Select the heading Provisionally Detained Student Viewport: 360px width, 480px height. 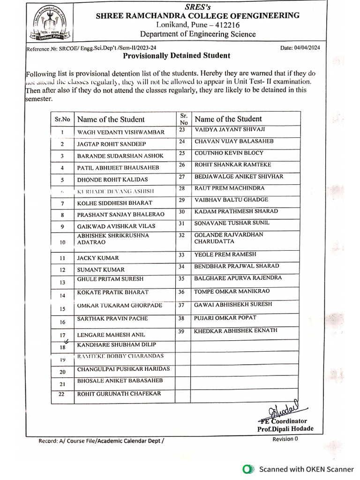[176, 56]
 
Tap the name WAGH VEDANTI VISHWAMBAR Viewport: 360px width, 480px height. [121, 133]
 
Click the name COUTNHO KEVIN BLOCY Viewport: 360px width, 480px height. [229, 153]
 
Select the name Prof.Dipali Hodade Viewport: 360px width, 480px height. [285, 429]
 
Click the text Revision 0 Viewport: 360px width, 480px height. [285, 439]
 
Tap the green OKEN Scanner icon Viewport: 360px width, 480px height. [247, 469]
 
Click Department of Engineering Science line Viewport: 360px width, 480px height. [198, 34]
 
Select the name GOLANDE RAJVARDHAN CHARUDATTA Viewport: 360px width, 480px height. [229, 238]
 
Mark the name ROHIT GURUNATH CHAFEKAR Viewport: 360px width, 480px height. [119, 394]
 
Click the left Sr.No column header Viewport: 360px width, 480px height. [62, 119]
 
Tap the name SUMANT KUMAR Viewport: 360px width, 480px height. [101, 270]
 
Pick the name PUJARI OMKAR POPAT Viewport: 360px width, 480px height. [225, 318]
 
